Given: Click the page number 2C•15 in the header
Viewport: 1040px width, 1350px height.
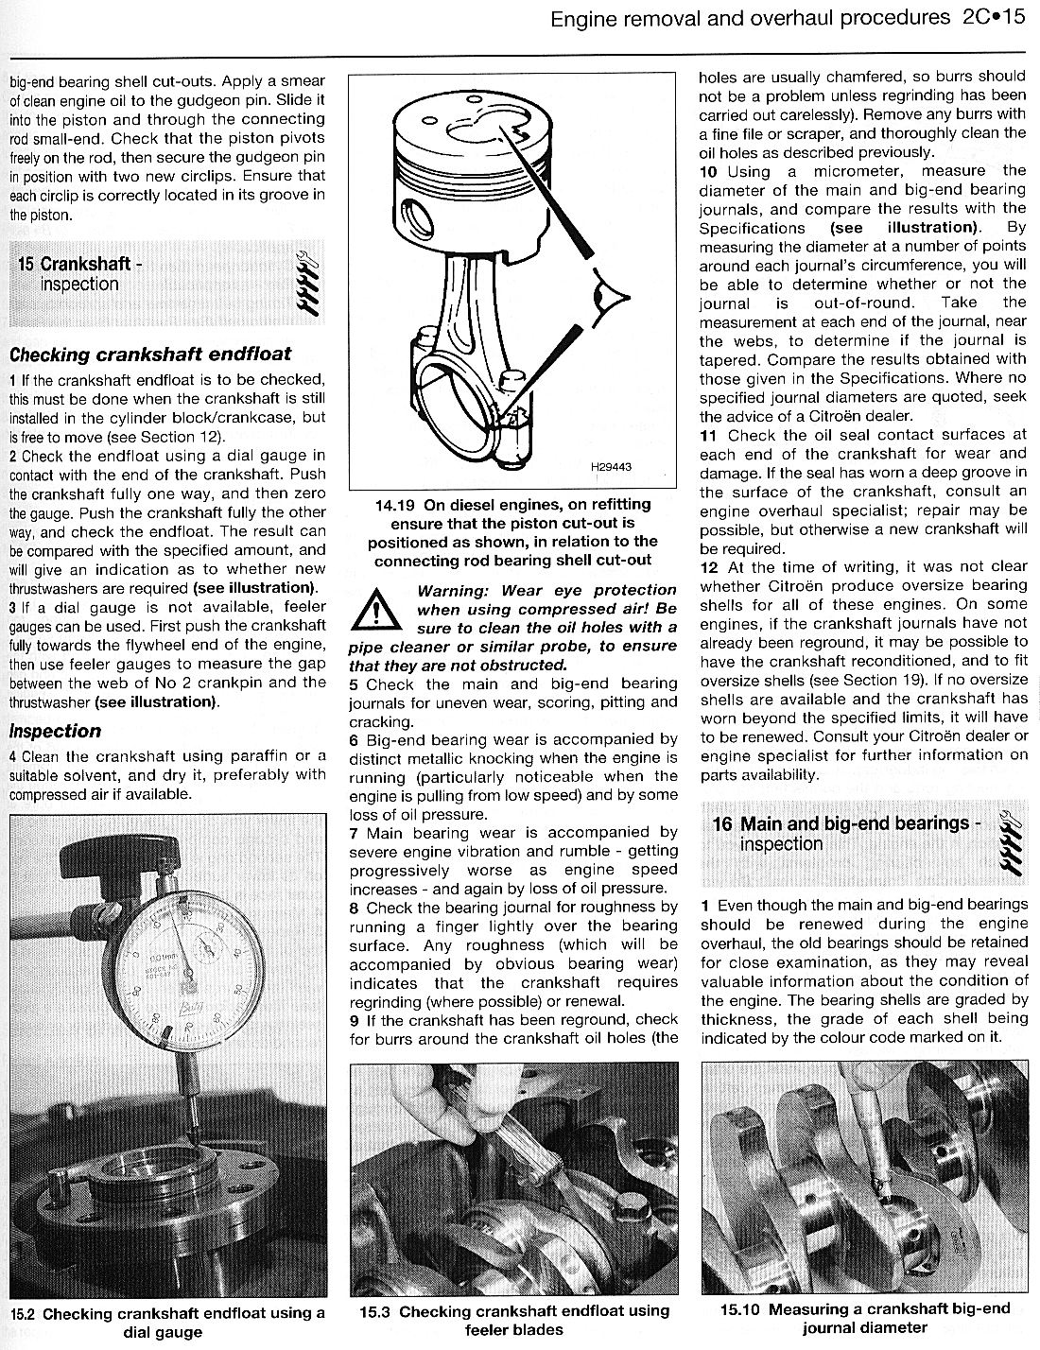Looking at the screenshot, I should (995, 17).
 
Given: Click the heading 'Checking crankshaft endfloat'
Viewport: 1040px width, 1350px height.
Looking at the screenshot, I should (150, 355).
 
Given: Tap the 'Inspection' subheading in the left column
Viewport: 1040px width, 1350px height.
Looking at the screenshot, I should (55, 731).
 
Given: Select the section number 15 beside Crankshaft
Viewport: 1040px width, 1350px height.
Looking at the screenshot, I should (26, 264).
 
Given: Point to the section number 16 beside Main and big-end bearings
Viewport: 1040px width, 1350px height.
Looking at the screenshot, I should (722, 823).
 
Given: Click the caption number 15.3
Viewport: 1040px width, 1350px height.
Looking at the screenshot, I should (374, 1311).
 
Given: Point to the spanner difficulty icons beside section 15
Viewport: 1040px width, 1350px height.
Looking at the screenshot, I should (310, 282).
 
